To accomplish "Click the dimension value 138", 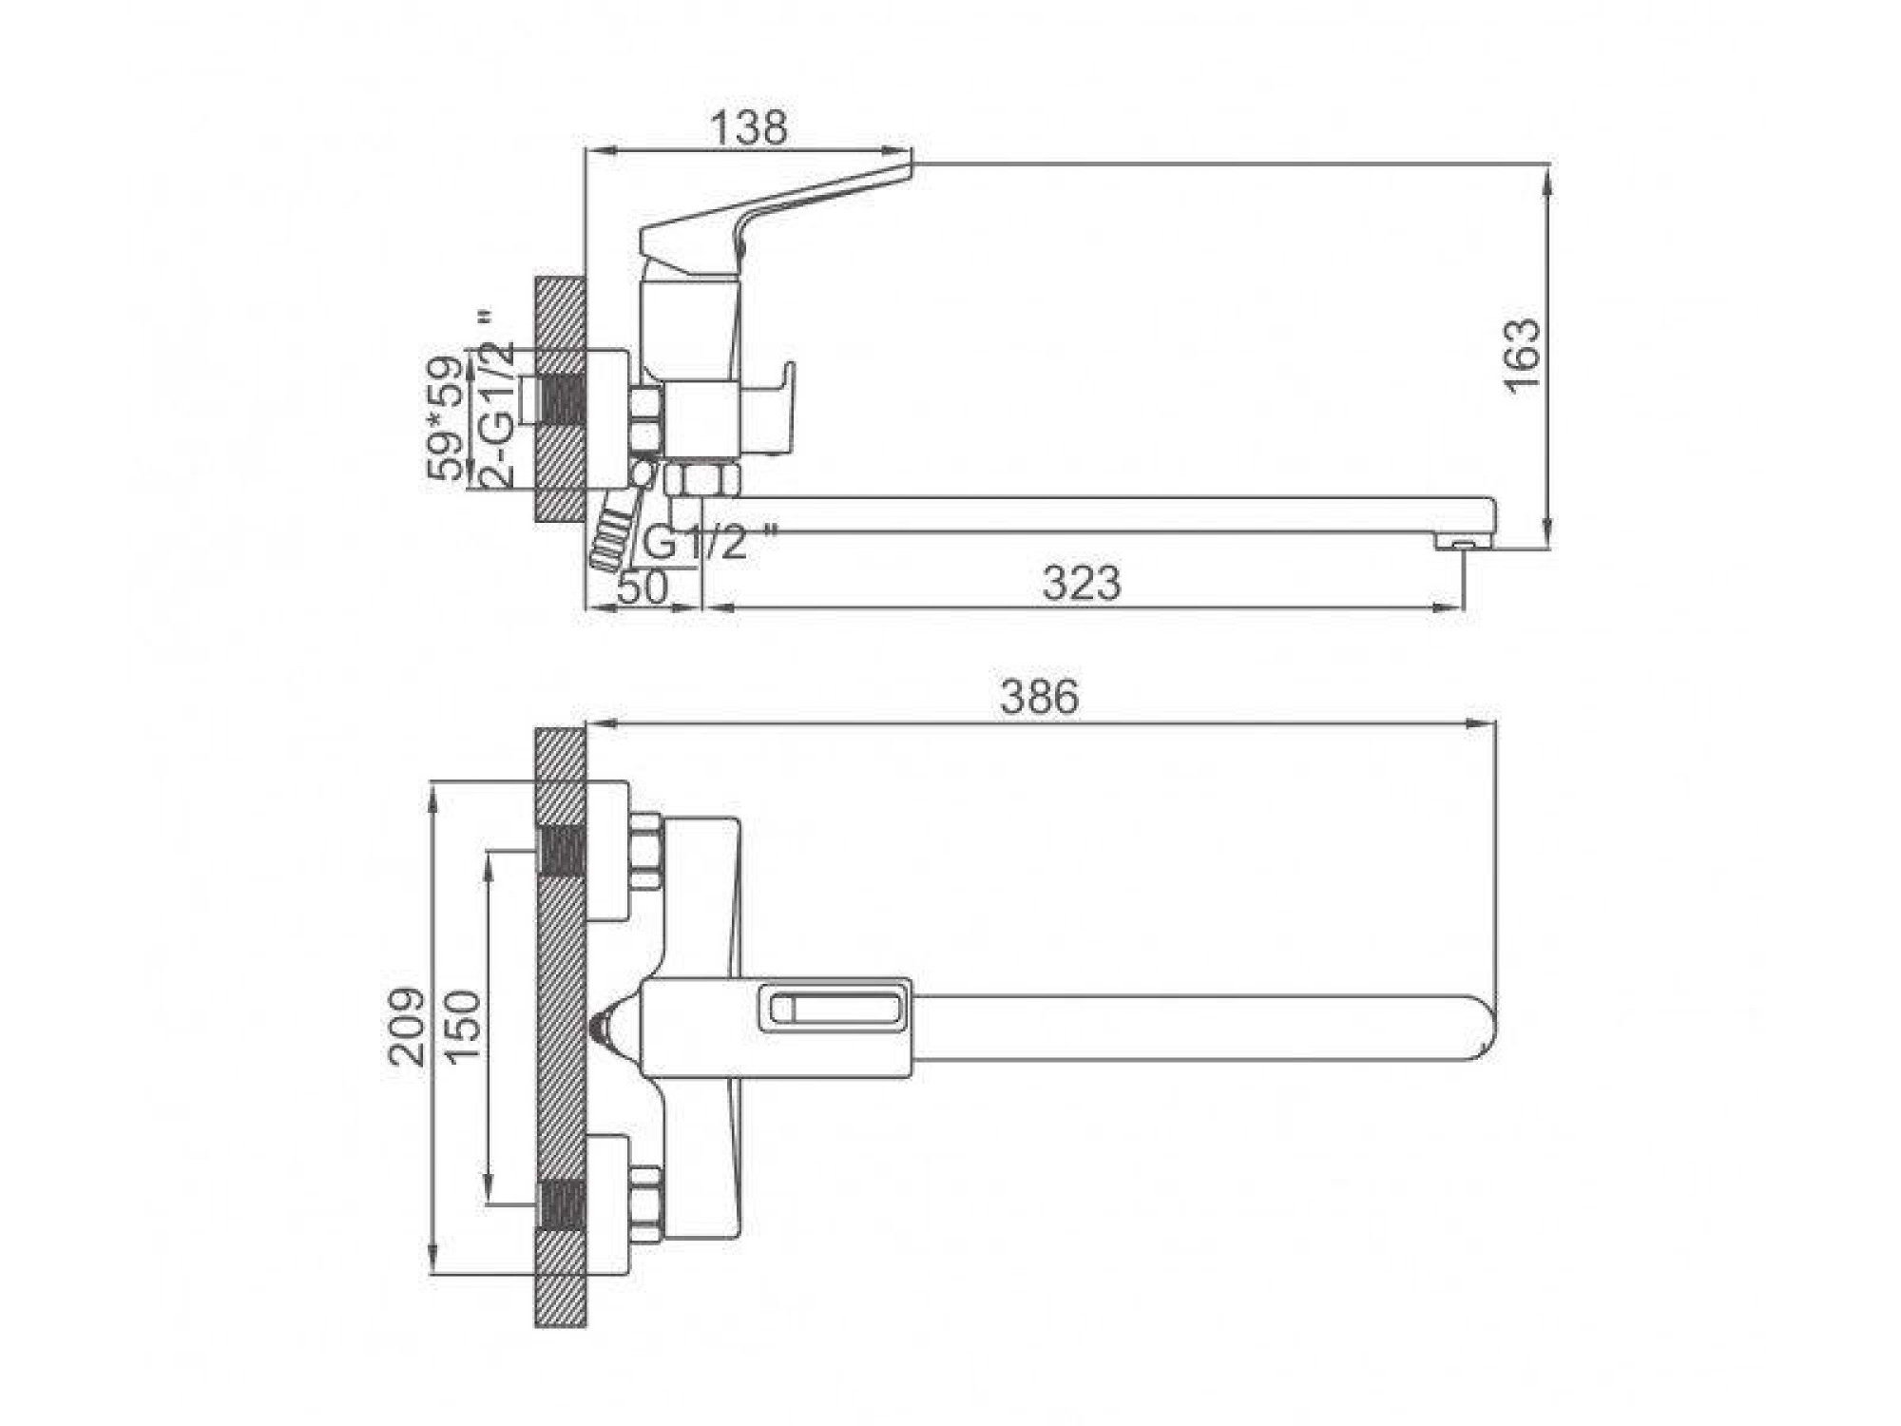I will click(749, 128).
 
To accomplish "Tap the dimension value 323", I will click(1081, 583).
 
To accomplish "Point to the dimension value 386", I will click(1039, 697).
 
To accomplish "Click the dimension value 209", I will click(407, 1026).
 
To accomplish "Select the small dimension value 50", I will click(643, 588).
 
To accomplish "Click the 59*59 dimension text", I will click(448, 418).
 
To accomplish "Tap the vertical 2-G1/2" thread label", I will click(498, 399).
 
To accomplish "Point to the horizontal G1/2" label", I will click(708, 544).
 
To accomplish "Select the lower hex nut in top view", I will click(646, 1203).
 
